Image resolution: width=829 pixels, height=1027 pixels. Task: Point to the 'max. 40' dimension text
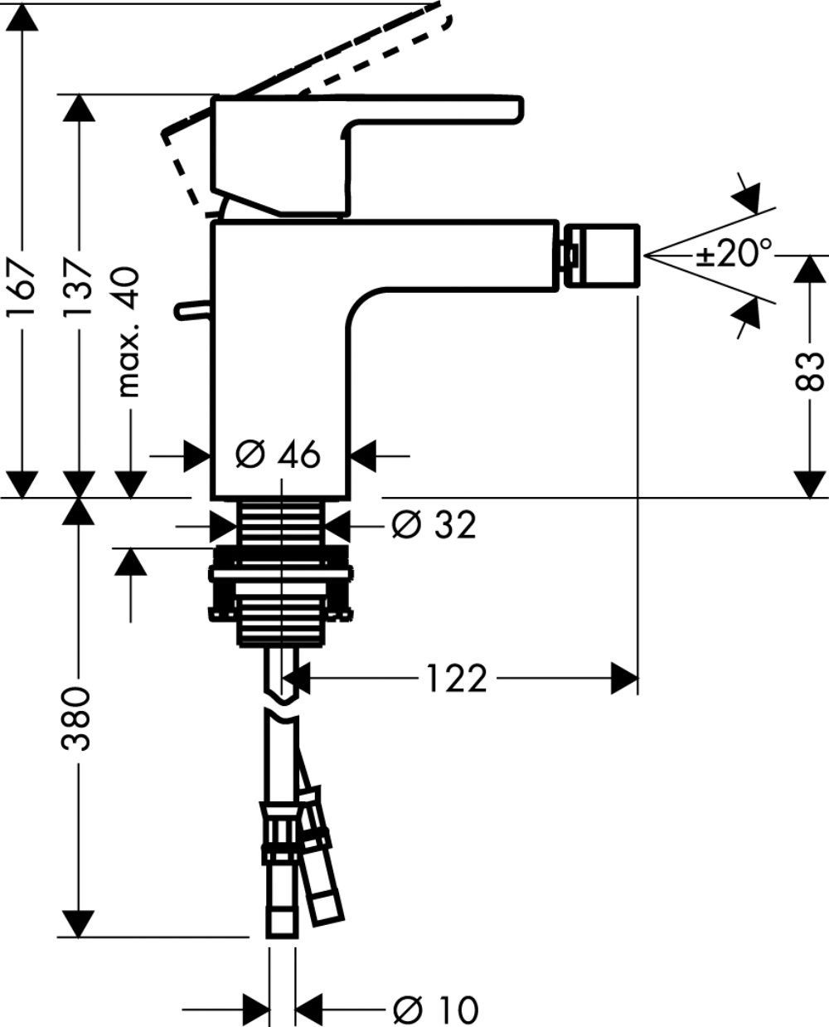pyautogui.click(x=129, y=332)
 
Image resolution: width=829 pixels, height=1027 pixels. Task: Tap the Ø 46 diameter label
pyautogui.click(x=278, y=455)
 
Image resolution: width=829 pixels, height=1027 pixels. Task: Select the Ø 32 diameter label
pyautogui.click(x=433, y=524)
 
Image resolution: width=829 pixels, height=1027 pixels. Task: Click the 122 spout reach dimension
pyautogui.click(x=456, y=679)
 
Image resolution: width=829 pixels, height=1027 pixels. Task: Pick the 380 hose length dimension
pyautogui.click(x=79, y=718)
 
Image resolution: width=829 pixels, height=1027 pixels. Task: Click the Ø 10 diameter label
pyautogui.click(x=435, y=1010)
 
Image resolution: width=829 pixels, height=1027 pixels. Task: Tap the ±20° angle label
pyautogui.click(x=733, y=254)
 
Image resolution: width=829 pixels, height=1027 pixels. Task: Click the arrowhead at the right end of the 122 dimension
pyautogui.click(x=625, y=679)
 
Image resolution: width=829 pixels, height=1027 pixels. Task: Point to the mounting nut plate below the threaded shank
pyautogui.click(x=280, y=573)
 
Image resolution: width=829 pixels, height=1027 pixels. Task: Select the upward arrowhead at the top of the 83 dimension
pyautogui.click(x=811, y=270)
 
